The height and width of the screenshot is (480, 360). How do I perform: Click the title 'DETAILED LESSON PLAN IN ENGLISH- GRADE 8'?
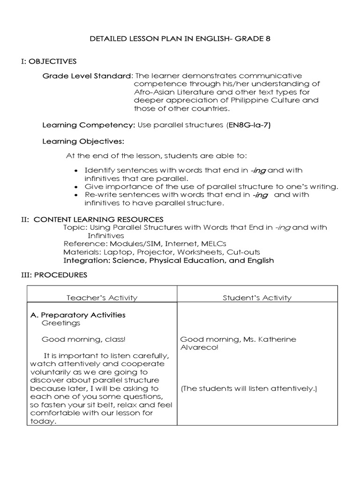coord(180,39)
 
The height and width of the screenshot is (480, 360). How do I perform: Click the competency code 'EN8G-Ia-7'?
coord(249,125)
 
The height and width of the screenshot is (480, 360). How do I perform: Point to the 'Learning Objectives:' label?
coord(83,141)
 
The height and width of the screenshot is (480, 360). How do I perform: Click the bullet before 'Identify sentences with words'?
coord(76,171)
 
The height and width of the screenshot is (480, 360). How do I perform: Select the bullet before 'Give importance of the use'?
coord(76,187)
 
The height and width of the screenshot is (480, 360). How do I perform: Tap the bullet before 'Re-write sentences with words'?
coord(76,195)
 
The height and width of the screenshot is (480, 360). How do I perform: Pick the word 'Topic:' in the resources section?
coord(75,227)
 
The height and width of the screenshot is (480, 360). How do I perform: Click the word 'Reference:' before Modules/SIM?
coord(81,244)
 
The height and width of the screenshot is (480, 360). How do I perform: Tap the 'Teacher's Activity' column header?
coord(102,298)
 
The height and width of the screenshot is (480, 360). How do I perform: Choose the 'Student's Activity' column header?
coord(257,298)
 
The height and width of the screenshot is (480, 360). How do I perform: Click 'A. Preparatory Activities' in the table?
coord(78,315)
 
